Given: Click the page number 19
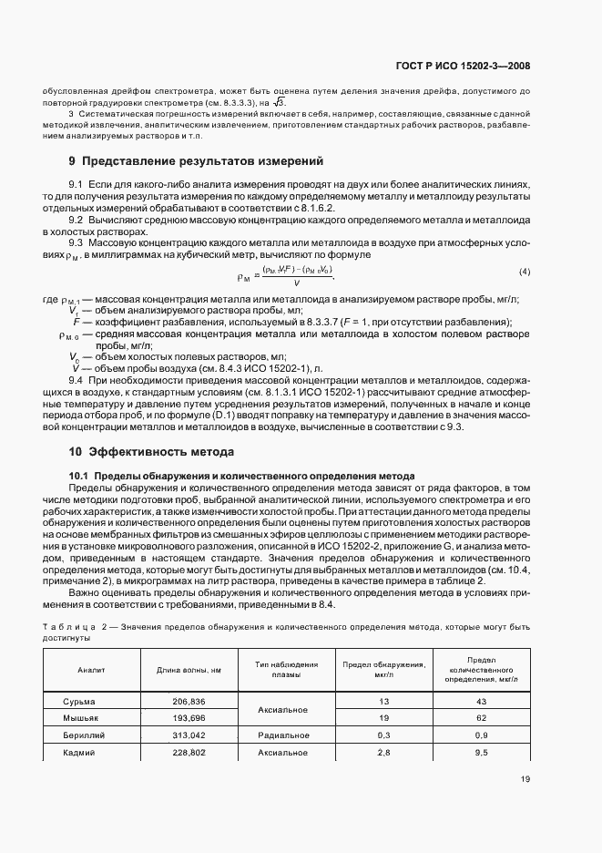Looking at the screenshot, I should (x=525, y=778).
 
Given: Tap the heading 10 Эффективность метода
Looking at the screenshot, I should (x=151, y=451).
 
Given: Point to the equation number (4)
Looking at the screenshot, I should (x=524, y=272).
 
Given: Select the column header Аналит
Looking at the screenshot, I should (x=91, y=670).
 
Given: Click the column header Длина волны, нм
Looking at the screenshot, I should (x=189, y=670).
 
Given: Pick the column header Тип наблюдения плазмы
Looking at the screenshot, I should (x=286, y=670).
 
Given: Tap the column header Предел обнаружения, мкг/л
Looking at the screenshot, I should (x=383, y=670).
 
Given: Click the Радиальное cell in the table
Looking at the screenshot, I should (x=286, y=735).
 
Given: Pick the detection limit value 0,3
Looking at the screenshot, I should (x=383, y=735).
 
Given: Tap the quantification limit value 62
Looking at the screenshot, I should (x=481, y=718).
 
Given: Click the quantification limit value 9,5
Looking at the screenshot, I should (x=481, y=753).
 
